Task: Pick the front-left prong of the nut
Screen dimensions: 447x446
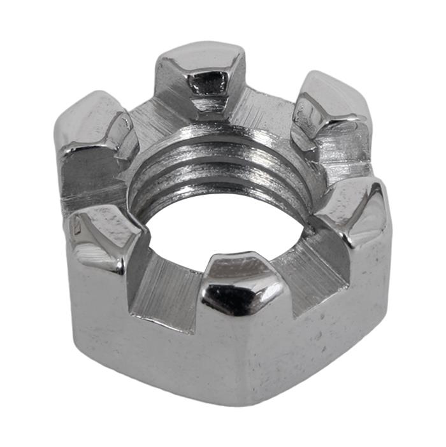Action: (102, 236)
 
